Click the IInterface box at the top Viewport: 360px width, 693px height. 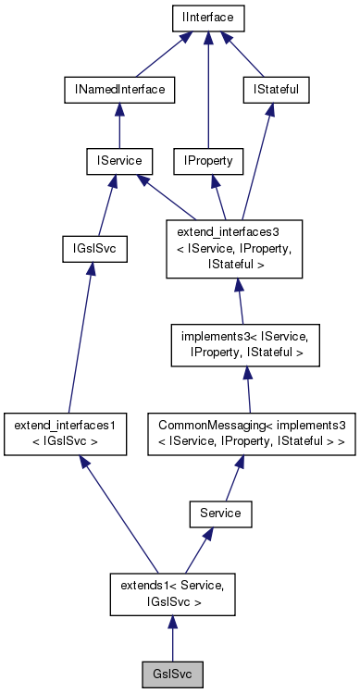(x=207, y=17)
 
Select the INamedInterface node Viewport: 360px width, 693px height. (x=119, y=89)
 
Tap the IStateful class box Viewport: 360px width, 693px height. (x=275, y=89)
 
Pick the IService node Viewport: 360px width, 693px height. (x=114, y=161)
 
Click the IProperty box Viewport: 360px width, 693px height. (x=207, y=161)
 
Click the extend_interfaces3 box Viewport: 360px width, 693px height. (x=234, y=247)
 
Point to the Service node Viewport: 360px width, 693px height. (x=219, y=512)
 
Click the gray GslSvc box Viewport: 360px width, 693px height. (x=172, y=672)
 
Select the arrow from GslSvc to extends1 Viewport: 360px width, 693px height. (x=172, y=637)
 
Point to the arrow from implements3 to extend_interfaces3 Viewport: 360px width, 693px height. (x=239, y=301)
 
